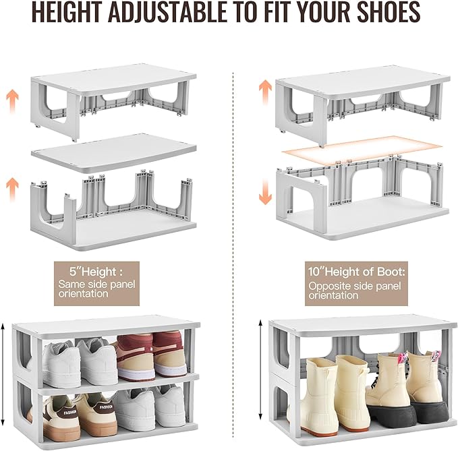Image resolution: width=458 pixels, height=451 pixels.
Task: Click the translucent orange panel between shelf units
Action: pyautogui.click(x=362, y=148)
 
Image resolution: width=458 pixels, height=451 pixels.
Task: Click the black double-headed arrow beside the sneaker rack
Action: pyautogui.click(x=6, y=382)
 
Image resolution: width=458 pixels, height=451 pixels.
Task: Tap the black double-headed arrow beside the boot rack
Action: pyautogui.click(x=260, y=382)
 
